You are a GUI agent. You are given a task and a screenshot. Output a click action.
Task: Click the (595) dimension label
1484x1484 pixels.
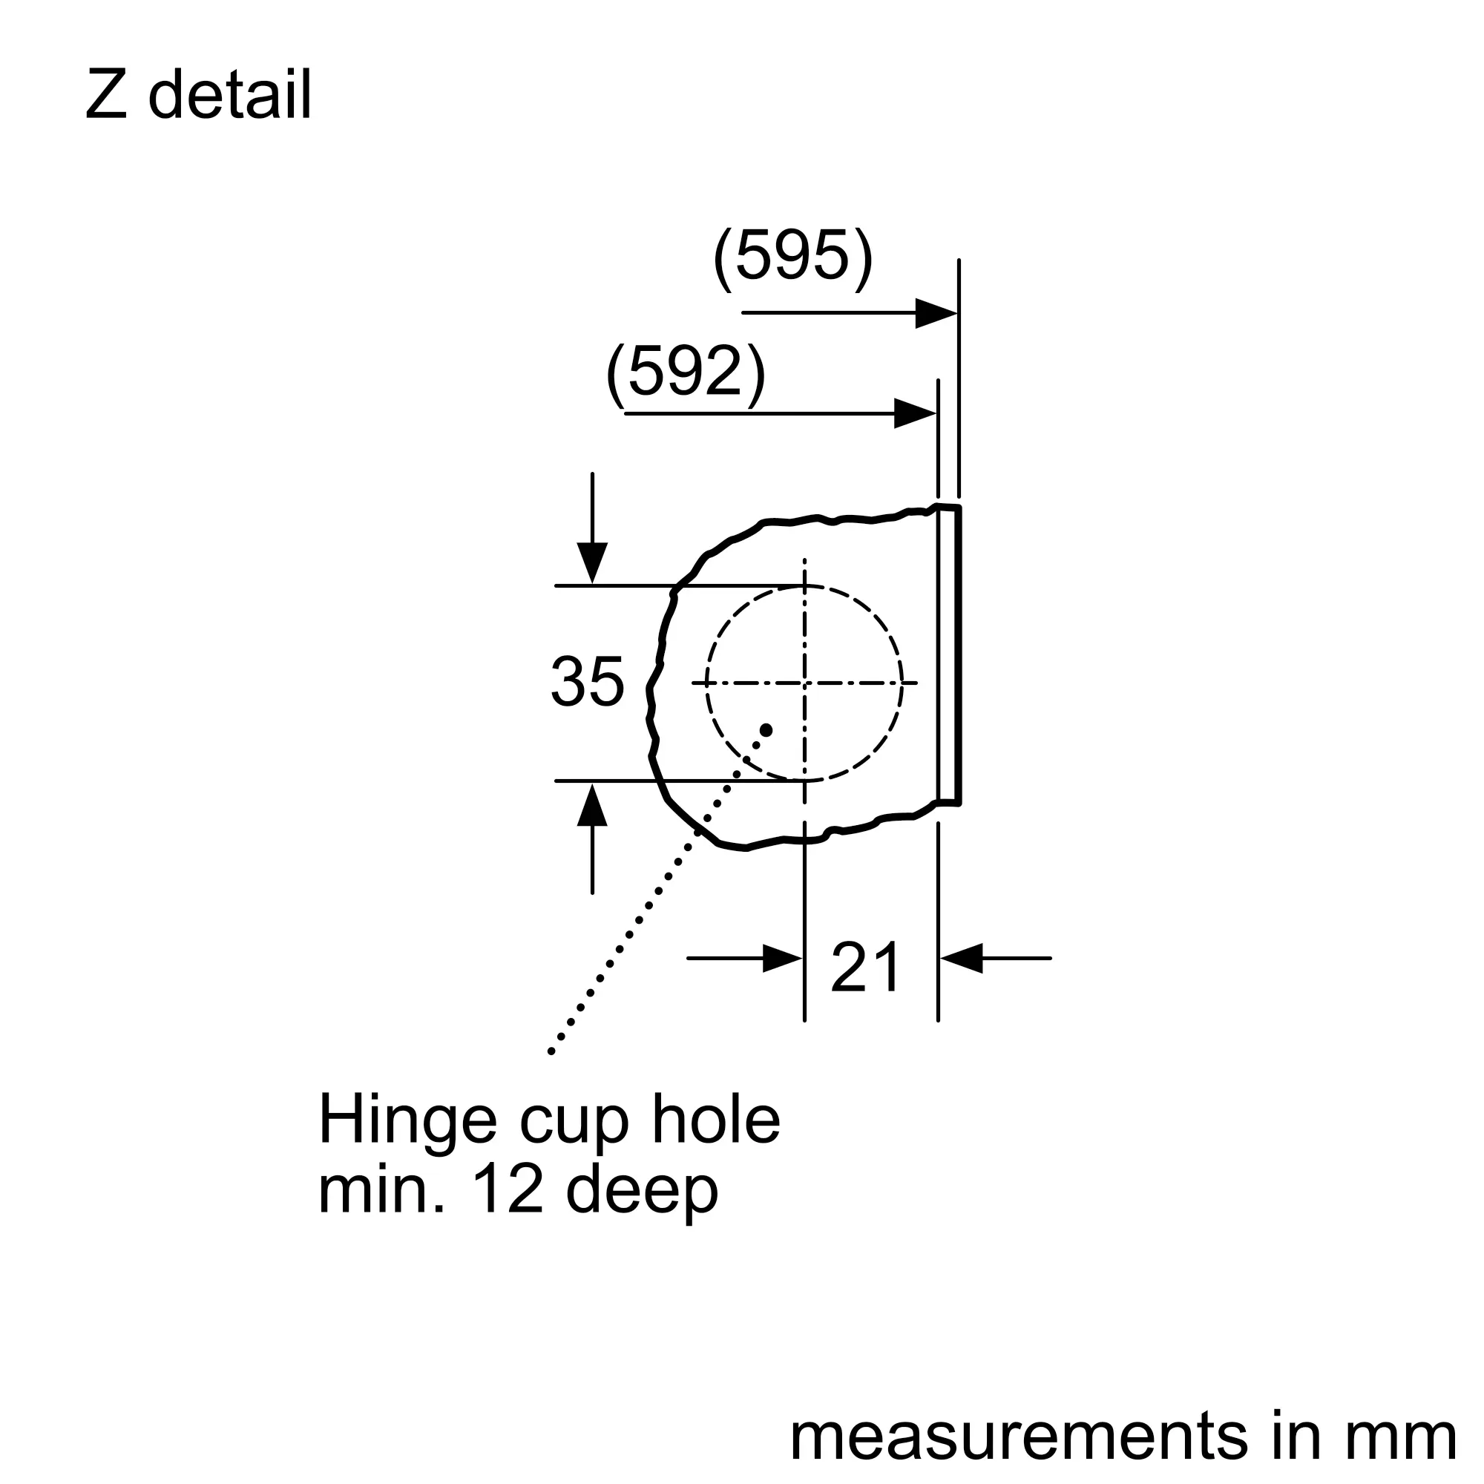click(x=793, y=258)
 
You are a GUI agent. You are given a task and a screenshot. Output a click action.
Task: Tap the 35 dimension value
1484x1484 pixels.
click(x=588, y=681)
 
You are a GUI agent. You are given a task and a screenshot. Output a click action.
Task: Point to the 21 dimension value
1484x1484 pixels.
click(x=866, y=967)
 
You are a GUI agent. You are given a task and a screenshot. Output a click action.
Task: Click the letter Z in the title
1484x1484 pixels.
click(x=106, y=94)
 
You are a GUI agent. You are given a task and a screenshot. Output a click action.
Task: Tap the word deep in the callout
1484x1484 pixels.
click(x=642, y=1195)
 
